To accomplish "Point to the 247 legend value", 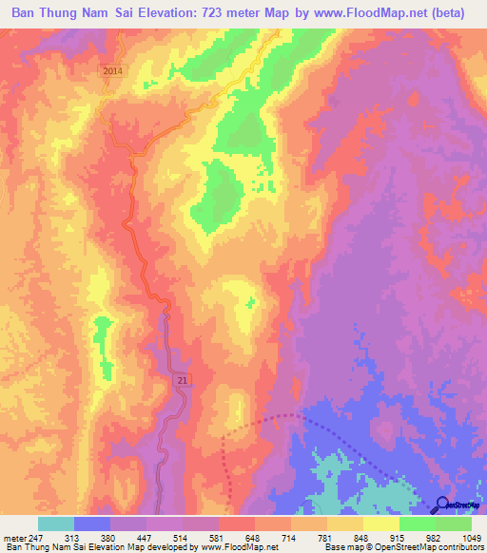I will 36,538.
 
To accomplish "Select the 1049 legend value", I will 471,538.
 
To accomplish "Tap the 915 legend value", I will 399,538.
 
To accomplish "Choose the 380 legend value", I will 109,538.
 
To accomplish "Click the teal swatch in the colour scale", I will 55,524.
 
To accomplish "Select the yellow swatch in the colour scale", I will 380,524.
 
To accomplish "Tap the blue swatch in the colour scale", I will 91,524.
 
